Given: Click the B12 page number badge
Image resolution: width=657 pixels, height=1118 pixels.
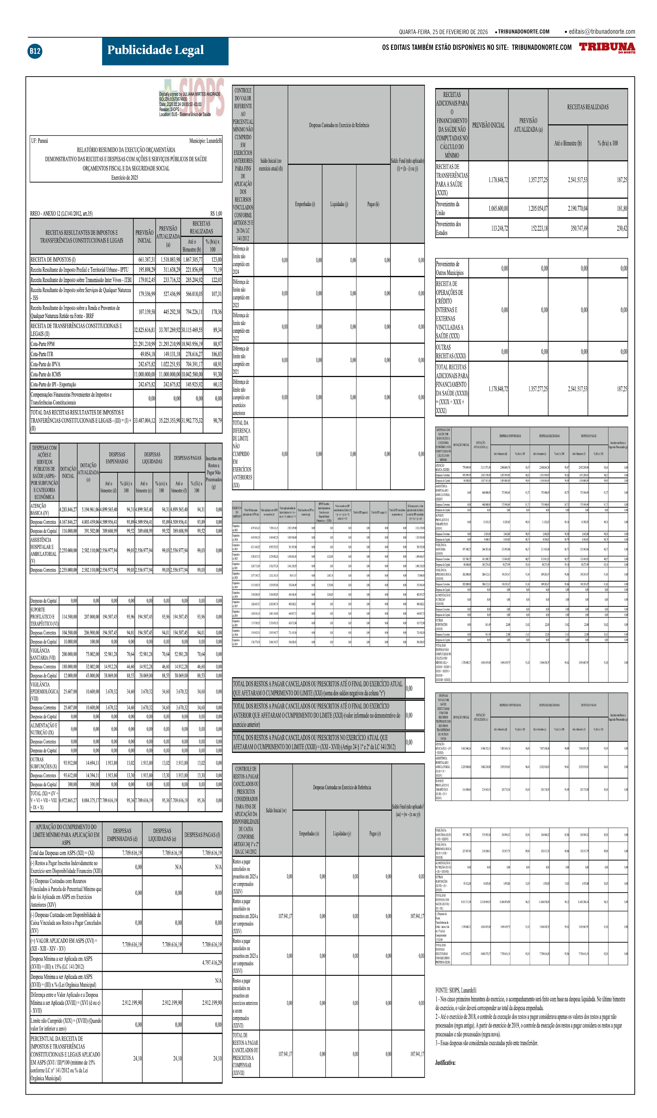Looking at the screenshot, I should (x=35, y=51).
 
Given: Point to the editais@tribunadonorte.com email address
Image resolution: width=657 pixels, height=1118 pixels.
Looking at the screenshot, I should (x=602, y=31).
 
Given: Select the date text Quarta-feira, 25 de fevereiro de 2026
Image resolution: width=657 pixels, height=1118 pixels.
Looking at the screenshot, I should (x=443, y=32).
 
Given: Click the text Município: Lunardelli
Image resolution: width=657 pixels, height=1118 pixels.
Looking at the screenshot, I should (x=205, y=141).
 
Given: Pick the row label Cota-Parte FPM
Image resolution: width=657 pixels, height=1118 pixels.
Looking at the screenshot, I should (x=43, y=344).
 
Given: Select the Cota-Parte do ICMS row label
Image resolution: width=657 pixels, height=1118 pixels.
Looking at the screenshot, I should (x=46, y=374).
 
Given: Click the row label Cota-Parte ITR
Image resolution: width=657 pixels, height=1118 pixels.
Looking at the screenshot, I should (x=42, y=354).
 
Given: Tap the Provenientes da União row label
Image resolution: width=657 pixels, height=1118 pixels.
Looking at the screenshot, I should (x=447, y=208).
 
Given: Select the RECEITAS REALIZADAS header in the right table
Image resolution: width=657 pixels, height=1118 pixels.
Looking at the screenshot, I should (x=587, y=107).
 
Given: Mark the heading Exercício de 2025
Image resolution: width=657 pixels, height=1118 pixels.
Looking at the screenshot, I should (x=125, y=177).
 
